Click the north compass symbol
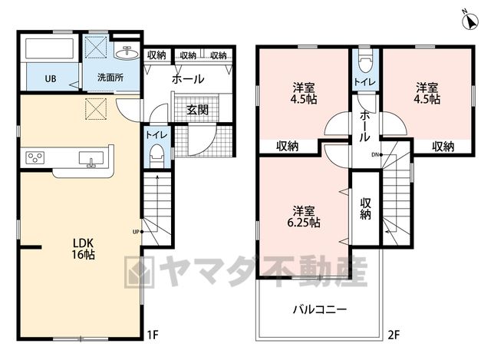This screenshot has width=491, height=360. pos(470,21)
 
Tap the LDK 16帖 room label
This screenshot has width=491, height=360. pos(84,249)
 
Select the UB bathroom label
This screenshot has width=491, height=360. pos(51,78)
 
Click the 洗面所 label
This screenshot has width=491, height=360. pos(110,78)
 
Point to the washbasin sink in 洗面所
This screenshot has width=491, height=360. pos(127,53)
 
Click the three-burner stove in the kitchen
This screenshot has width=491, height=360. pos(35,157)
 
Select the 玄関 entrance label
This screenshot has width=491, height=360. pos(198,110)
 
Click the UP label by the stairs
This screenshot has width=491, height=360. pos(136,232)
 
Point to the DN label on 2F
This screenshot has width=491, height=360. pos(375,154)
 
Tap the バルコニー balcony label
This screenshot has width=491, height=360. pos(320,310)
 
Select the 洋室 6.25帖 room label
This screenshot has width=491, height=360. pos(304,216)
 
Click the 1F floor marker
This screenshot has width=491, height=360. pos(153,335)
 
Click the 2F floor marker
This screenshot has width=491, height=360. pos(394,335)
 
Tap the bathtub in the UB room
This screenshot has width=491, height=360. pos(49,48)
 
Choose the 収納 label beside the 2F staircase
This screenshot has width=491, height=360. pos(365,209)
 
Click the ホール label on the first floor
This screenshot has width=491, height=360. pos(188,79)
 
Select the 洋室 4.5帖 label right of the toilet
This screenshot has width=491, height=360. pos(427,93)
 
